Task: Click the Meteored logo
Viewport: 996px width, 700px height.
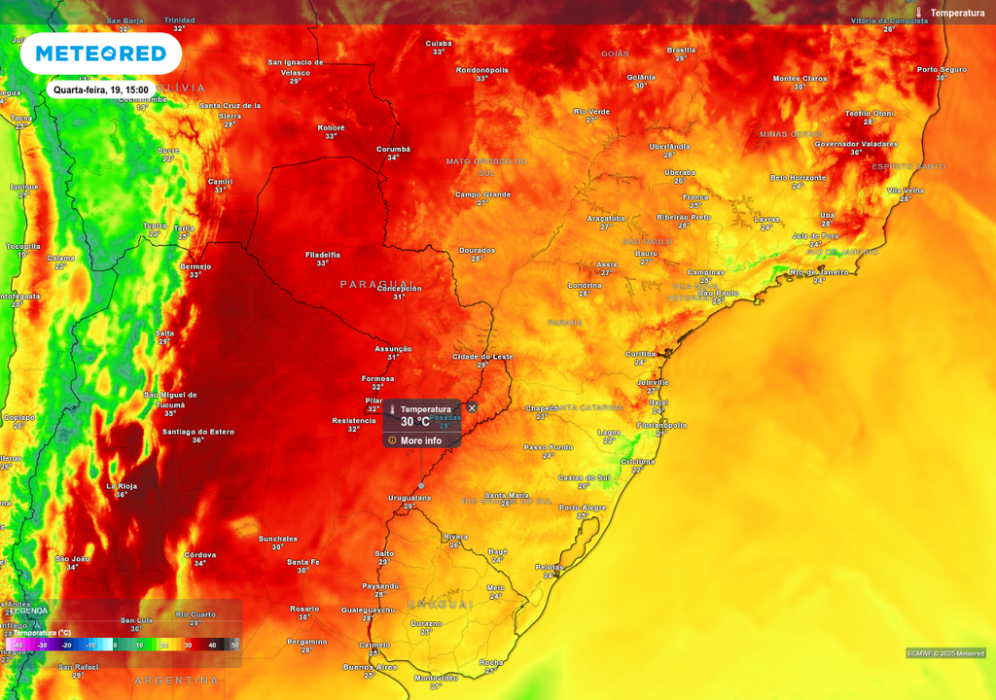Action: (100, 53)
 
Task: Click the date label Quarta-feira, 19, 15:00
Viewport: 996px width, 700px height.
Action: (101, 89)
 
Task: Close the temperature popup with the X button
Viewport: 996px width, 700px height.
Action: (472, 407)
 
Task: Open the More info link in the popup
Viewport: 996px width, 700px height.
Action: (420, 440)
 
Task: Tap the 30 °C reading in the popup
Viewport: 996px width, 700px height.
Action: (415, 422)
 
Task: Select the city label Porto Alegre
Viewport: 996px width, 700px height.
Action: (583, 507)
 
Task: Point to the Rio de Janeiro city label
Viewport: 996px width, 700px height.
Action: (819, 272)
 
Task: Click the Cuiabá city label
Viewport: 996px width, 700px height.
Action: (439, 43)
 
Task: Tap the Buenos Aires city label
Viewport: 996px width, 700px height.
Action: (370, 667)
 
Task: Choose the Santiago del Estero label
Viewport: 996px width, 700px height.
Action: (197, 431)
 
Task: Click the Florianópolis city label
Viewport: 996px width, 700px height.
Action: (662, 425)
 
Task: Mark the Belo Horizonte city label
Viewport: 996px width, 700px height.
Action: (798, 177)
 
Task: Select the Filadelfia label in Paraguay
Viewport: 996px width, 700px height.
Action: (323, 254)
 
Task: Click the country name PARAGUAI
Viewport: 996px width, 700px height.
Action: (376, 284)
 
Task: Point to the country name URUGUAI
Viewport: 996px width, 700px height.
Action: (440, 604)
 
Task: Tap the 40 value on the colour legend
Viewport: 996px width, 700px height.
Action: (212, 645)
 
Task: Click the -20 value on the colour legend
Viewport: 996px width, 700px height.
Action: (67, 645)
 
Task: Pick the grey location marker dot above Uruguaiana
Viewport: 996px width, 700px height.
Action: (421, 485)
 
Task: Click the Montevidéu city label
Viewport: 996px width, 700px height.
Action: (436, 677)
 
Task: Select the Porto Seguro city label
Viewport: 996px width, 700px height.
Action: (942, 69)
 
